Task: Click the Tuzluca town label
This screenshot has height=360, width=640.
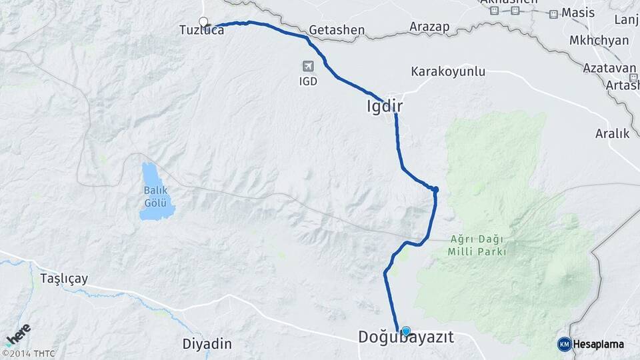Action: coord(201,30)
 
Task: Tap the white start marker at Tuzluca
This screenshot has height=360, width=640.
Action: coord(203,21)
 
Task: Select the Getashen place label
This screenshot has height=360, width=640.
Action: coord(337,30)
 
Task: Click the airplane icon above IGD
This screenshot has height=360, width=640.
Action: coord(308,66)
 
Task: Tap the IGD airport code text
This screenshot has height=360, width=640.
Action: coord(308,81)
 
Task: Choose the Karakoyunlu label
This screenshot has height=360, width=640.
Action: coord(448,71)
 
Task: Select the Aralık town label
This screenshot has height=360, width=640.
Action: coord(613,133)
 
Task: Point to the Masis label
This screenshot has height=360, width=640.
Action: coord(577,13)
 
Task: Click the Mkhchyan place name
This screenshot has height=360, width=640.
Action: coord(599,40)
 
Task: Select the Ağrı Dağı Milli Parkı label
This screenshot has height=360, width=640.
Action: coord(477,245)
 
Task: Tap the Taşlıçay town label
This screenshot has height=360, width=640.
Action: coord(64,278)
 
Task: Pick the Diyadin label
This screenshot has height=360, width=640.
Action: coord(207,344)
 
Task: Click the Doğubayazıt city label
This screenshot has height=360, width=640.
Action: coord(406,338)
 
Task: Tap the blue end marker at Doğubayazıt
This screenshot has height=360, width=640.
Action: coord(405,330)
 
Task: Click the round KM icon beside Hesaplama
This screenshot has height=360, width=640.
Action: coord(564,344)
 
